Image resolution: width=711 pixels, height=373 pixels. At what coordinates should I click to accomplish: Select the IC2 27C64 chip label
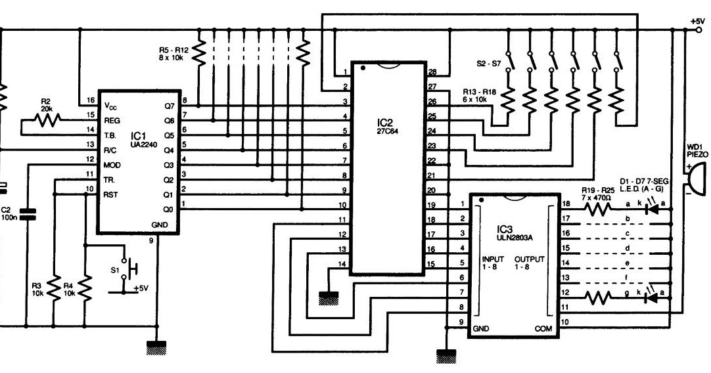coord(386,127)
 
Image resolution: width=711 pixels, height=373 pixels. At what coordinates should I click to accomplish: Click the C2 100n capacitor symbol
coord(27,214)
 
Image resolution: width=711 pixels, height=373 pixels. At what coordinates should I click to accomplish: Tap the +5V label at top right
coord(697,21)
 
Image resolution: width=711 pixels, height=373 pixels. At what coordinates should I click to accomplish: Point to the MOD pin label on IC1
coord(112,164)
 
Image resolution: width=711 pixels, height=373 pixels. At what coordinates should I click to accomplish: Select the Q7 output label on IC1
coord(168,104)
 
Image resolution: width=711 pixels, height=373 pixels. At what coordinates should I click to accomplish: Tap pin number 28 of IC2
coord(432,72)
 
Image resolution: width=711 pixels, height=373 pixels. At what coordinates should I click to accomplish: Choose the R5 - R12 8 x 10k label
coord(173,53)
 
